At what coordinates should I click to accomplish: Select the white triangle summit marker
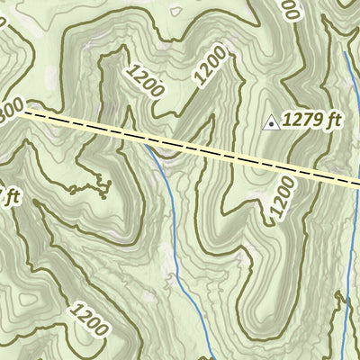268,121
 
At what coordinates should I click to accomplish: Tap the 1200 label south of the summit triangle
282,199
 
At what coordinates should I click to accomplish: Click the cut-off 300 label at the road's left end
11,108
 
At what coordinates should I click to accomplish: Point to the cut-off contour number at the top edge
289,9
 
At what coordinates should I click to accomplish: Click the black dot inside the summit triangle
268,123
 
